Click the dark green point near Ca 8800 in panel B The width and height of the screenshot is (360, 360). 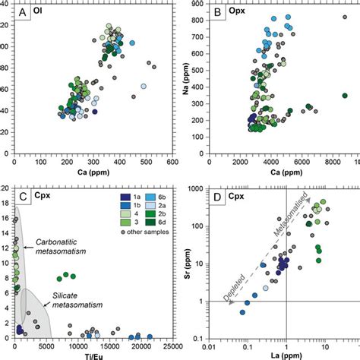pos(344,96)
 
